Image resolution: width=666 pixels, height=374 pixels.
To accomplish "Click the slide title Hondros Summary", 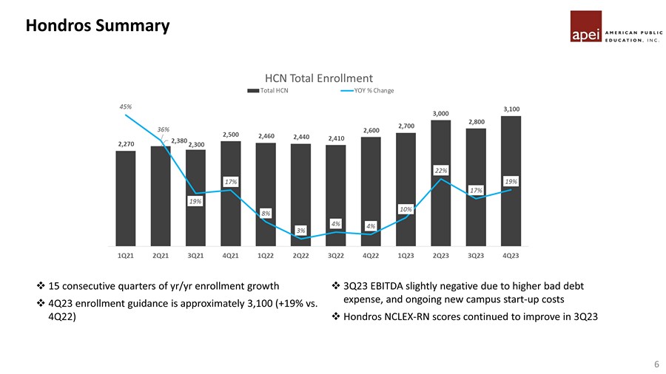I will click(97, 27).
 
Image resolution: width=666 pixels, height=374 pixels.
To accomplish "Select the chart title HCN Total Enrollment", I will click(319, 78).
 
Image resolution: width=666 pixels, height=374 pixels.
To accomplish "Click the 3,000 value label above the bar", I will click(441, 113).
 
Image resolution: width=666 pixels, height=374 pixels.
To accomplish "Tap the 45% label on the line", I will click(126, 106).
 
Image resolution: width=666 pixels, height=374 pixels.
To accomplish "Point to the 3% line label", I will click(301, 231).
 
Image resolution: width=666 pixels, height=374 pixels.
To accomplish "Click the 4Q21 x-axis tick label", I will click(231, 256).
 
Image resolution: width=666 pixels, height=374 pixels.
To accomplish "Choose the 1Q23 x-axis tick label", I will click(406, 256).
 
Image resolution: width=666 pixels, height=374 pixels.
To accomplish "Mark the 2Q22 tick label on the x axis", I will click(301, 256).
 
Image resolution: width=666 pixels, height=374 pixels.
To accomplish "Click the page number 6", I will click(656, 364).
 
